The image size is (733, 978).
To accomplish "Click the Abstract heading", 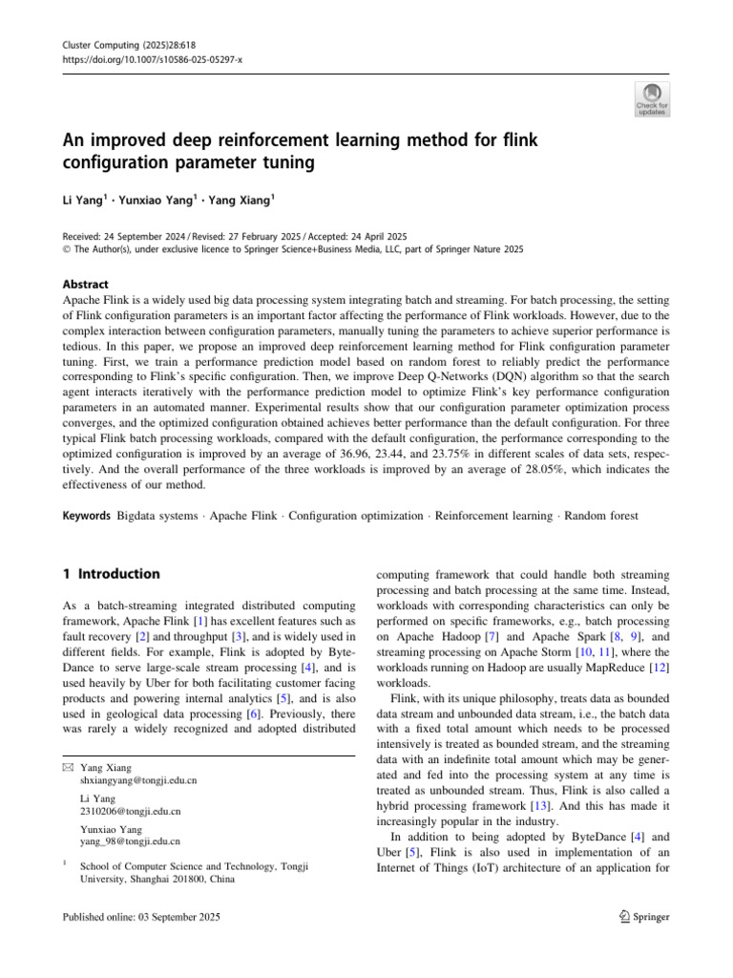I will pyautogui.click(x=85, y=284).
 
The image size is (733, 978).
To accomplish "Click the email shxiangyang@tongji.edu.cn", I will pyautogui.click(x=139, y=780).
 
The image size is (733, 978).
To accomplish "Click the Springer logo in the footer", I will pyautogui.click(x=644, y=917).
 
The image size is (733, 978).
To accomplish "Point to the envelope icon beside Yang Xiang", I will pyautogui.click(x=67, y=767).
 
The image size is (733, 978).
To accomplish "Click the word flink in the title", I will pyautogui.click(x=517, y=140).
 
